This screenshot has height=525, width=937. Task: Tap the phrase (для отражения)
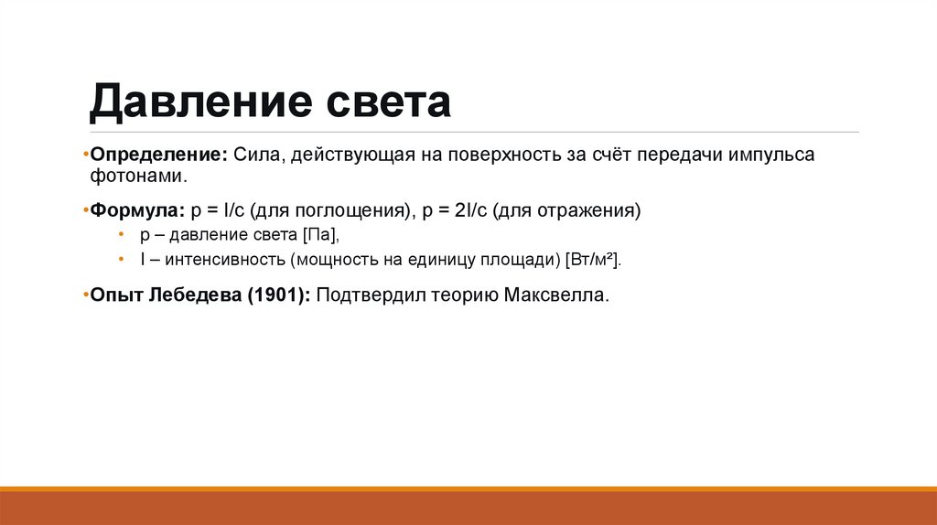pyautogui.click(x=566, y=211)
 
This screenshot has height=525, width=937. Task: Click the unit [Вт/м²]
pyautogui.click(x=594, y=261)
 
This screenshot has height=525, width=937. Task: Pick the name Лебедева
pyautogui.click(x=192, y=296)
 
